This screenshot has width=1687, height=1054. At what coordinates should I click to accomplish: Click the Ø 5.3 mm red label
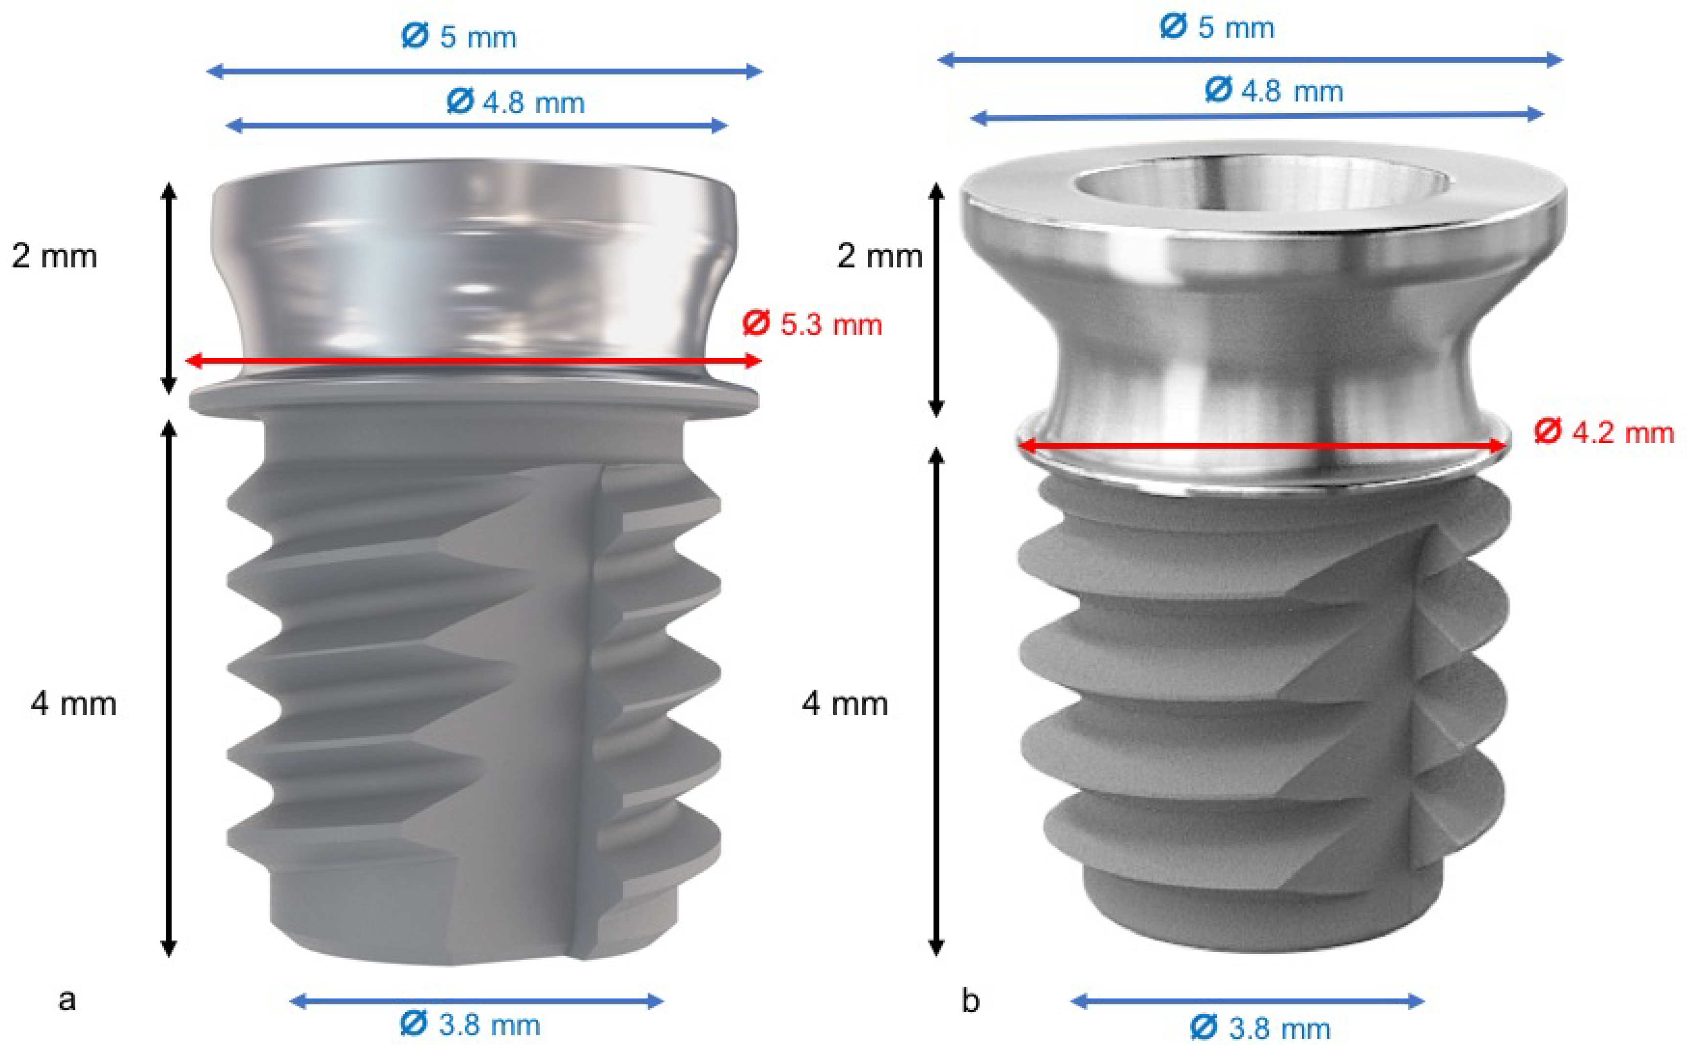tap(812, 325)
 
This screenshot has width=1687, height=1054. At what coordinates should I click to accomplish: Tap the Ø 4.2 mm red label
tap(1603, 432)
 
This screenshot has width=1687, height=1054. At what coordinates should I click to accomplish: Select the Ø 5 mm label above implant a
tap(458, 36)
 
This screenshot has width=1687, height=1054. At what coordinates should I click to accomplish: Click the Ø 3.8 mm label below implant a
tap(470, 1025)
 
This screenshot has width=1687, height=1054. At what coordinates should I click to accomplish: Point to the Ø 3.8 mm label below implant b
tap(1260, 1028)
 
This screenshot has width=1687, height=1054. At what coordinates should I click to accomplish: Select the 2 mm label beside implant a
tap(54, 256)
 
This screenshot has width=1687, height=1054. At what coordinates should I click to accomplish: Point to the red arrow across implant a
tap(474, 361)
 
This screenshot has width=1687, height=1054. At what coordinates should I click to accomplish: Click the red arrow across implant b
tap(1261, 445)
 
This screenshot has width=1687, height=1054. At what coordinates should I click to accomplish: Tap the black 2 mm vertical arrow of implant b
tap(936, 300)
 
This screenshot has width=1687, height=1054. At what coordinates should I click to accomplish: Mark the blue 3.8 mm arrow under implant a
tap(476, 1002)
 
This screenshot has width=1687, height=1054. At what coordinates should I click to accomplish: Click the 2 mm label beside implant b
tap(879, 256)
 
